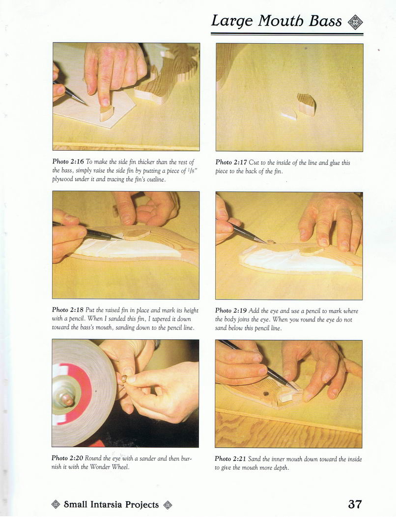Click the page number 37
click(x=355, y=504)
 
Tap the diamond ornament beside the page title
click(x=355, y=23)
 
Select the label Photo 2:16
click(x=68, y=162)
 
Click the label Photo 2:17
click(x=231, y=162)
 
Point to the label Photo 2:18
click(x=68, y=310)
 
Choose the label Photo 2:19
click(x=231, y=311)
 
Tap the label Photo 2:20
click(x=67, y=458)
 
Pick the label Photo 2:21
click(x=230, y=458)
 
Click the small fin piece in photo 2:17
click(x=307, y=104)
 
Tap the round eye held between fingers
click(x=124, y=378)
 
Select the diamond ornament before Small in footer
click(x=56, y=505)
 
